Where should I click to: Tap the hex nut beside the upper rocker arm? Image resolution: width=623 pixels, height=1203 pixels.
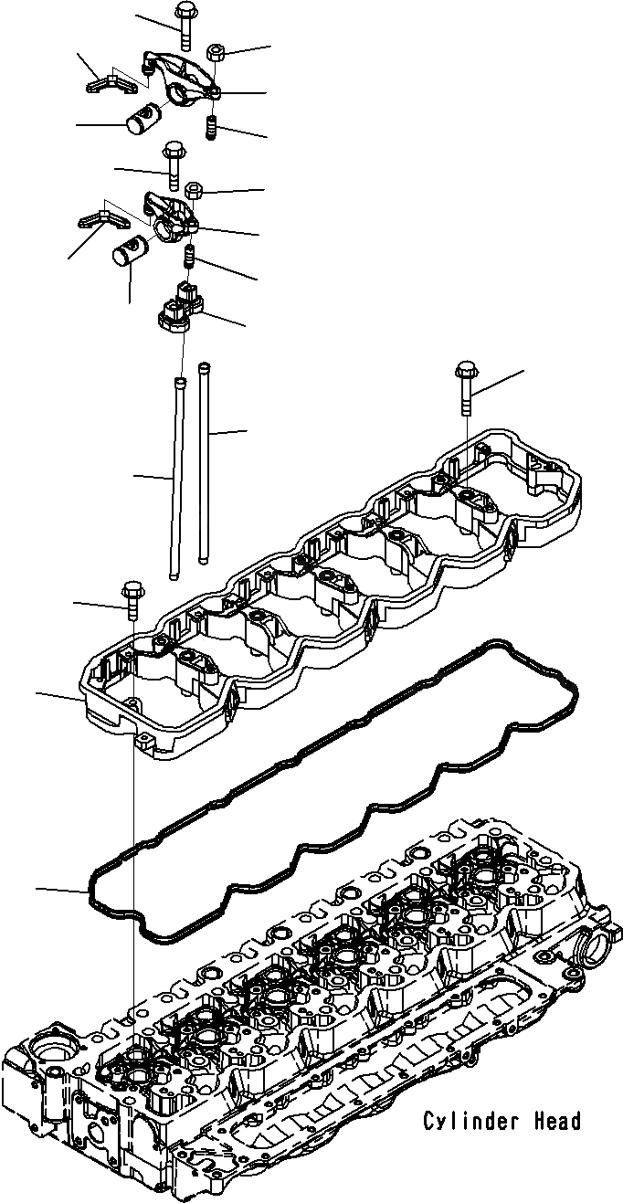(x=215, y=53)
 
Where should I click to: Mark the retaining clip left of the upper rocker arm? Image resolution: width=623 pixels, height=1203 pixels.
(x=110, y=83)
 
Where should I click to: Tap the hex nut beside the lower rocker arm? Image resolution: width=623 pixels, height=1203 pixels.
(x=193, y=190)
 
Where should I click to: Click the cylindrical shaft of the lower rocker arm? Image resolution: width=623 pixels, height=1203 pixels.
(x=133, y=251)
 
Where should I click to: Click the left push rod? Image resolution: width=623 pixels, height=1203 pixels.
(x=176, y=478)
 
